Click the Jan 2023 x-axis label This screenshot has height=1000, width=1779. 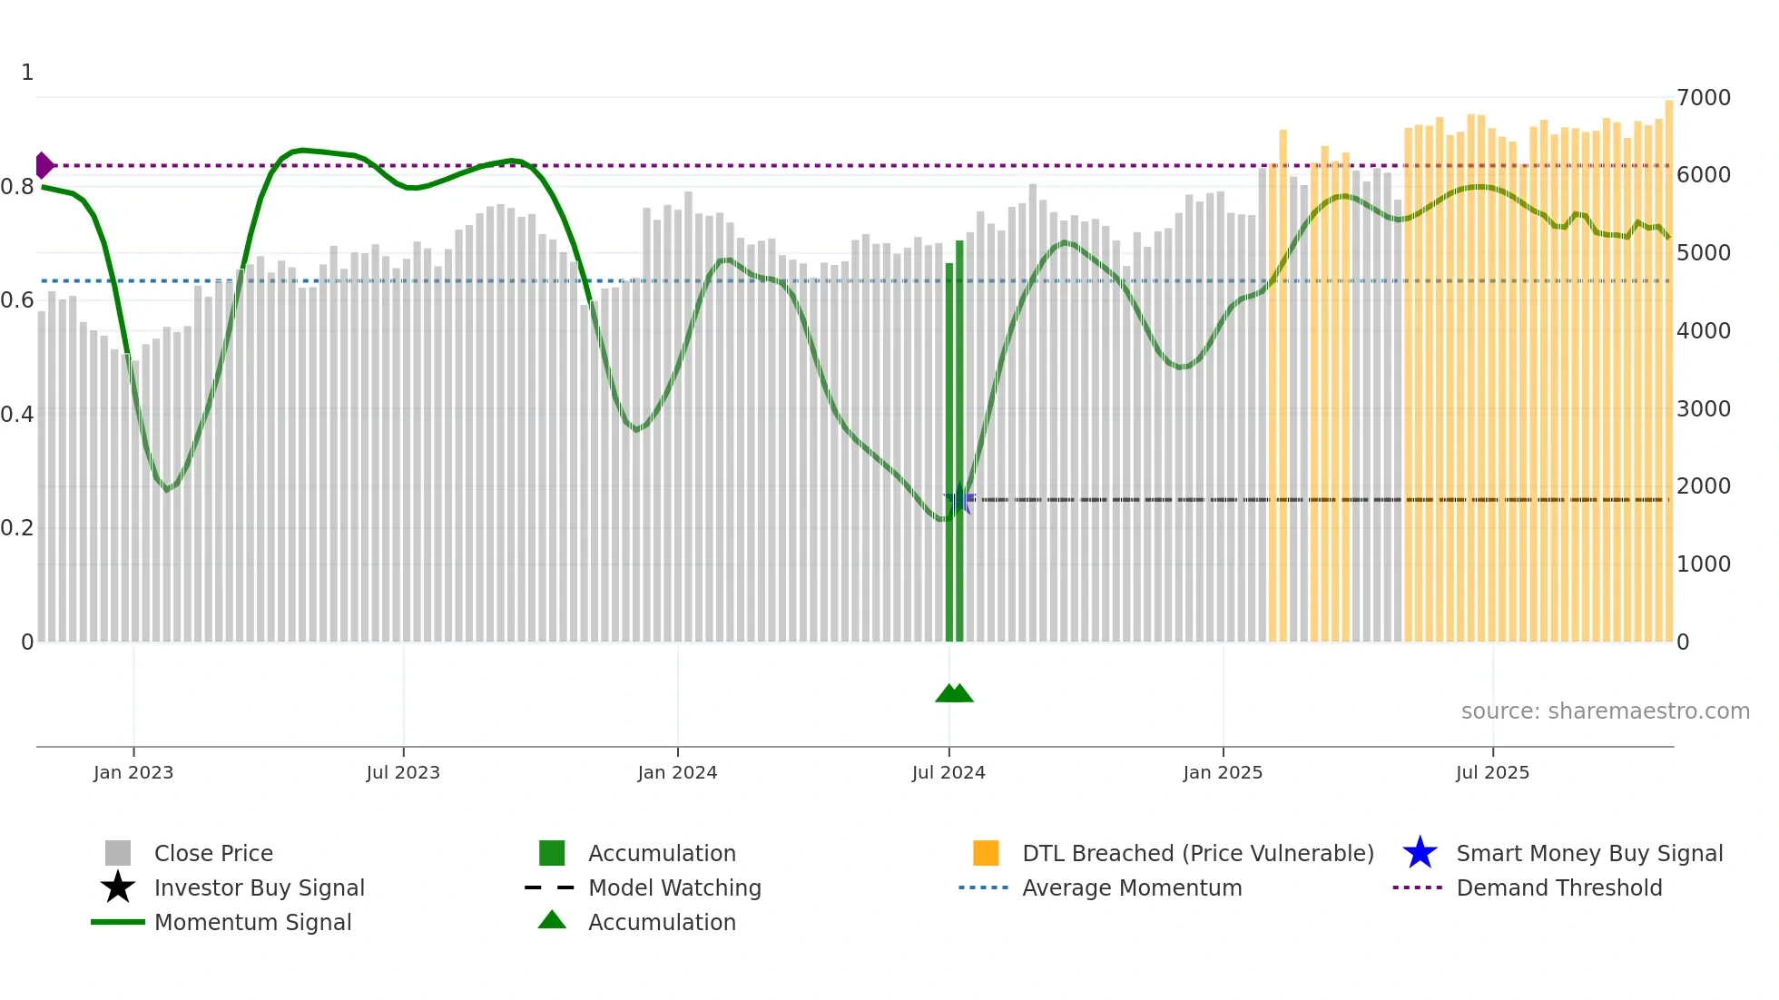tap(133, 772)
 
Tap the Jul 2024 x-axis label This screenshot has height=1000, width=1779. tap(948, 772)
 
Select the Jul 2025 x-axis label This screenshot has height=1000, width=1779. tap(1492, 772)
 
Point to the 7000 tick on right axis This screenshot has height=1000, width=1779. tap(1704, 97)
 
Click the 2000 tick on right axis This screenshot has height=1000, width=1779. tap(1704, 485)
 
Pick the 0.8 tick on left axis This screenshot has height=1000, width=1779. tap(17, 187)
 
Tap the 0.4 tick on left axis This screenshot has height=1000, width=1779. tap(17, 414)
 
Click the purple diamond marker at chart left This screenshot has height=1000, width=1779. tap(44, 166)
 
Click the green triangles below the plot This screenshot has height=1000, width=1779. tap(954, 693)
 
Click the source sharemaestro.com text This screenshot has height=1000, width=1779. tap(1605, 711)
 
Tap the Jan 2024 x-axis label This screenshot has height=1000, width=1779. tap(677, 772)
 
